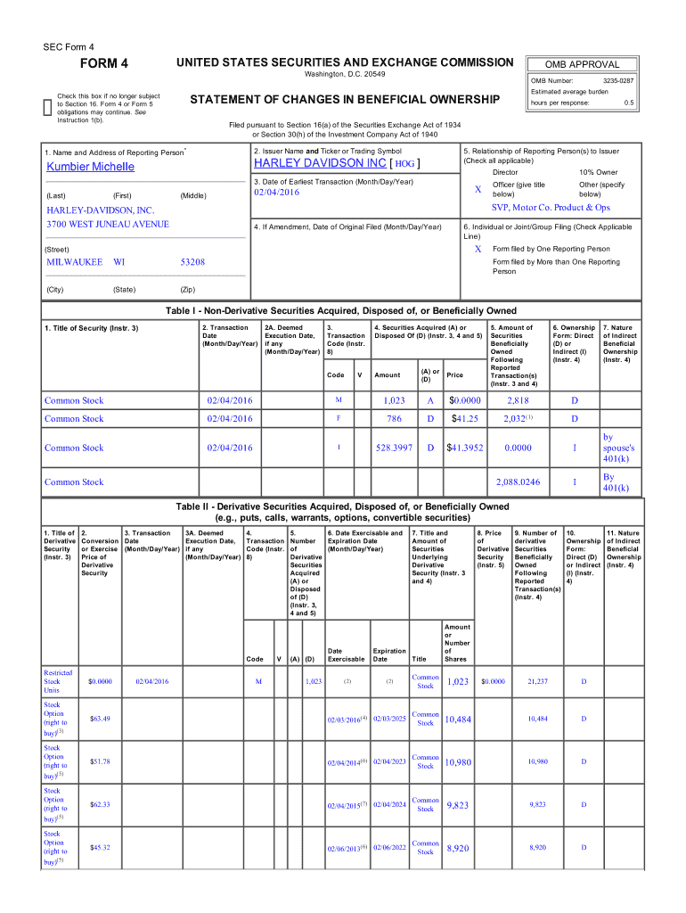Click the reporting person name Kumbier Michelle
click(90, 167)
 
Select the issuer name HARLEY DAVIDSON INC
click(320, 164)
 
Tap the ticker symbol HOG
click(404, 165)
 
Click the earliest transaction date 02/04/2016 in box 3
click(276, 193)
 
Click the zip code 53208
click(192, 262)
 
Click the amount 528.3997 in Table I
click(392, 448)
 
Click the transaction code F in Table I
click(338, 418)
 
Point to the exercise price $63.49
click(100, 719)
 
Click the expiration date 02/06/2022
click(388, 847)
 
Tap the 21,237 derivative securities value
click(537, 681)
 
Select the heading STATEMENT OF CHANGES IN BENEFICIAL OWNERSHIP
click(345, 100)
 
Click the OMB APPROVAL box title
click(582, 64)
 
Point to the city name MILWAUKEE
click(74, 262)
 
